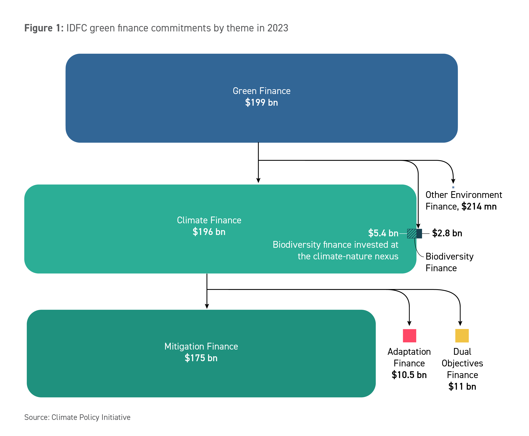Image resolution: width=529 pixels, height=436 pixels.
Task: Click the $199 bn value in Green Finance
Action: click(x=261, y=103)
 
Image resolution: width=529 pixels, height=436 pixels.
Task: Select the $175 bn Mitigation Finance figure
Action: click(x=201, y=358)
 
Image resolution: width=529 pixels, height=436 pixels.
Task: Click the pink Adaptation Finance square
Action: click(x=409, y=336)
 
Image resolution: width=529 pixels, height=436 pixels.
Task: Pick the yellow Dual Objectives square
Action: click(x=462, y=336)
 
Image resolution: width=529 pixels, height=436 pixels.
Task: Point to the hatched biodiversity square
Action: click(x=412, y=234)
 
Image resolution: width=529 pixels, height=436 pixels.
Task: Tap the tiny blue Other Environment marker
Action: click(x=453, y=187)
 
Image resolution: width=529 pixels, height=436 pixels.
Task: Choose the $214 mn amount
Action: click(x=479, y=206)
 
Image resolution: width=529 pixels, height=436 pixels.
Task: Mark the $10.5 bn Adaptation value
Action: click(x=409, y=375)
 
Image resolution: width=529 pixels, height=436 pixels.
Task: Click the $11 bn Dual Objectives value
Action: click(x=462, y=386)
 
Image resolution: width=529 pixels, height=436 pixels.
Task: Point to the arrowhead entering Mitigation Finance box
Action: click(x=207, y=306)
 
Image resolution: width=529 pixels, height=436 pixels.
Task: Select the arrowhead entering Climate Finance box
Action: click(x=258, y=180)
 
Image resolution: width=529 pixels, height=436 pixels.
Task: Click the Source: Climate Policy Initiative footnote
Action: click(x=77, y=417)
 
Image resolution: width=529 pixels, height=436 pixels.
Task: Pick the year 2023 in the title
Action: click(x=278, y=28)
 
